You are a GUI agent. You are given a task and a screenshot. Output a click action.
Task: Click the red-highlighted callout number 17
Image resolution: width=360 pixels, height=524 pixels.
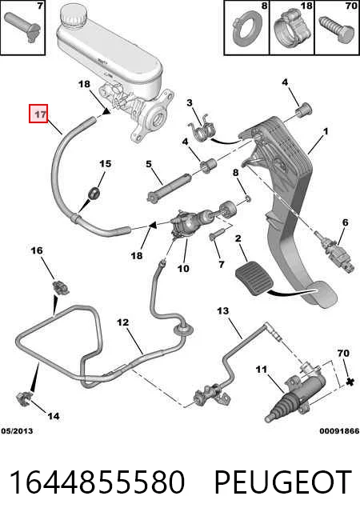coord(38,114)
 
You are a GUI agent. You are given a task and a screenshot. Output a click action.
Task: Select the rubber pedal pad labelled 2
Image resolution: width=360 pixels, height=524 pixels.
coord(252,278)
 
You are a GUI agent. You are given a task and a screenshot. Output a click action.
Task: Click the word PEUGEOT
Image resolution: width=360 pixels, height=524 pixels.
coord(282,482)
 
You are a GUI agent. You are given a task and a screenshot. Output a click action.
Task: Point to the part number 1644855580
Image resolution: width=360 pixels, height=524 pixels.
coord(97,482)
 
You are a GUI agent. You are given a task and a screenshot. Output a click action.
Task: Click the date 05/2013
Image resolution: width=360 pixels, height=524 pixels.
coord(17,430)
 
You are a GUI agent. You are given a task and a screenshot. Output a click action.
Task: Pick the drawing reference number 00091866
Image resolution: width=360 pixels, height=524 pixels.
coord(339,430)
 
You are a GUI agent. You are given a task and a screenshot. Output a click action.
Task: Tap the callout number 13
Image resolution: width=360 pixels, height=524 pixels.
coord(223,311)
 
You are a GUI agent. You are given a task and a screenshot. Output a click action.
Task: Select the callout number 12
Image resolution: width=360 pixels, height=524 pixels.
coord(122,322)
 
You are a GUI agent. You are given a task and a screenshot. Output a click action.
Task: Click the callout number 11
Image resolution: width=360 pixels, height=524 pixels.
coord(262,370)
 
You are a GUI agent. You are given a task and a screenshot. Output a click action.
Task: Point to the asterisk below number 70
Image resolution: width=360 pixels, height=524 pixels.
coord(350,382)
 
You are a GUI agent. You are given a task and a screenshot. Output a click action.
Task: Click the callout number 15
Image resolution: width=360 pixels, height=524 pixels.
coord(105,164)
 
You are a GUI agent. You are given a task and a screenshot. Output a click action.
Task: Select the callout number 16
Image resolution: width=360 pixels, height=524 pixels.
coord(37,250)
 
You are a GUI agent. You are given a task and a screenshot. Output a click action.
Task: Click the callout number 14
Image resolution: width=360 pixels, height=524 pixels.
coord(53,416)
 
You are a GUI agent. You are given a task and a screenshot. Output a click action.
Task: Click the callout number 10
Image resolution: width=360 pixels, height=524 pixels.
coord(183,268)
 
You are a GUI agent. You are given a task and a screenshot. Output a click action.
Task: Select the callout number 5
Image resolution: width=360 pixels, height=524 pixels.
coord(149,164)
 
